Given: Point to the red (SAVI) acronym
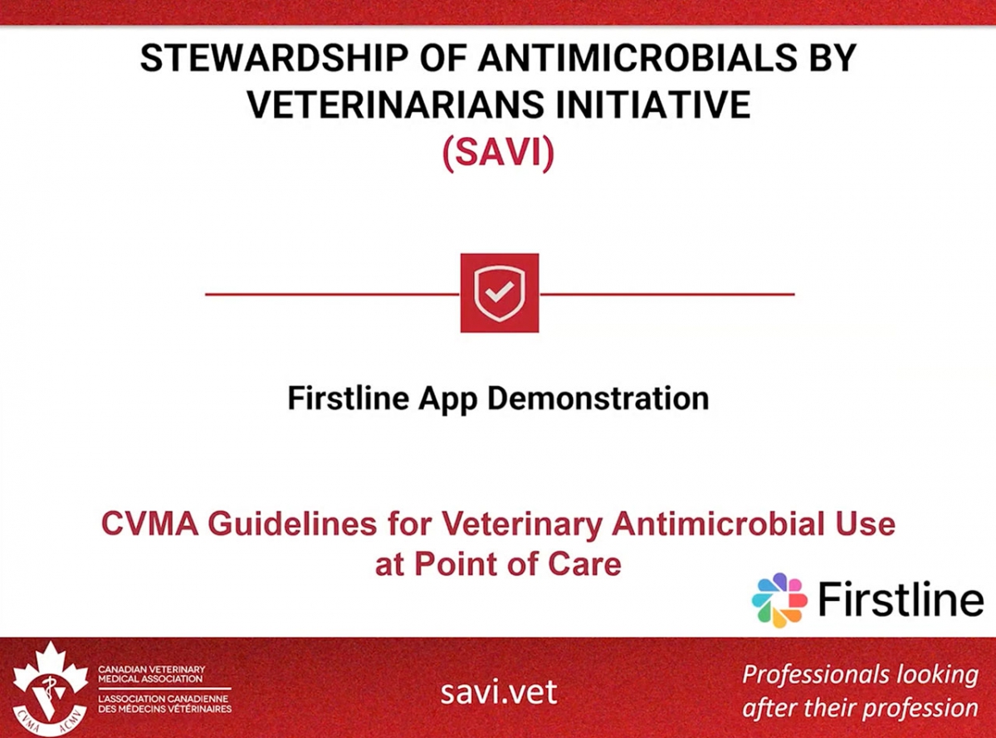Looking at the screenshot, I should tap(498, 154).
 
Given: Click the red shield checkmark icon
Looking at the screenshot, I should tap(500, 293).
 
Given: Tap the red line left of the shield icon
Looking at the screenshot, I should tap(332, 294).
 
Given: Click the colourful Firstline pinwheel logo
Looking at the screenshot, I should tap(779, 599).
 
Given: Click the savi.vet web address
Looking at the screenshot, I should tap(499, 692).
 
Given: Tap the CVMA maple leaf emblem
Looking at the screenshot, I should tap(50, 688).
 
